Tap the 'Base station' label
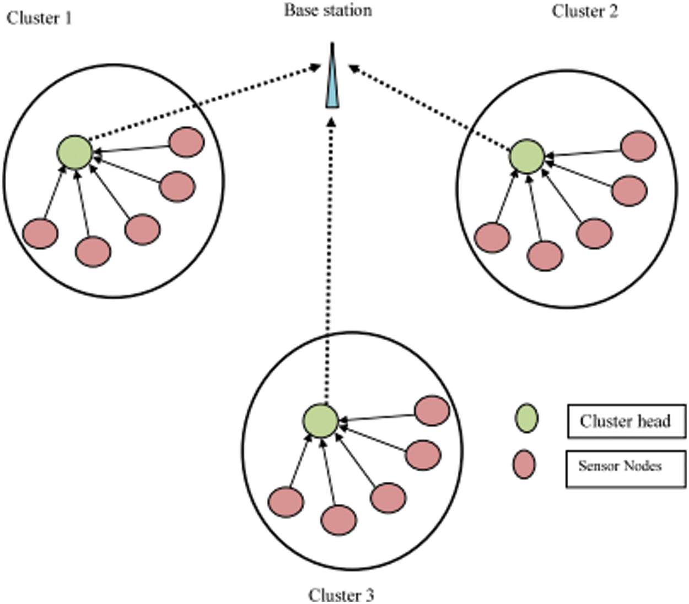pos(328,10)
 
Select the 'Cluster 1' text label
pos(39,18)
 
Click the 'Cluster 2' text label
pos(585,11)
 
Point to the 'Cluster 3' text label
pos(341,595)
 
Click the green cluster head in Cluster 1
pos(74,152)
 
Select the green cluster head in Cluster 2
pos(527,156)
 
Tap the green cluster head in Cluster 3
pos(320,421)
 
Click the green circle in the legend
pos(526,418)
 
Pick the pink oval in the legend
pos(524,464)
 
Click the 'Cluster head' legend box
pos(626,421)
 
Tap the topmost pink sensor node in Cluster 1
pos(187,142)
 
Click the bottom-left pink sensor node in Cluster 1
pos(40,233)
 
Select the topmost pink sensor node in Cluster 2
pos(638,146)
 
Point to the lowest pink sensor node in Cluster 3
pos(338,520)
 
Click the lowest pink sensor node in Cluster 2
pos(545,256)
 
